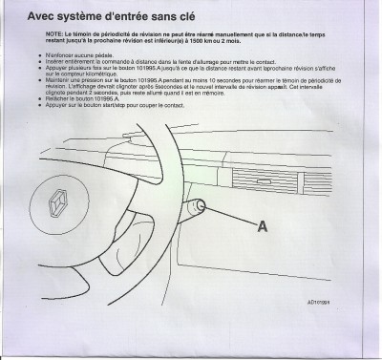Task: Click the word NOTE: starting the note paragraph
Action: [x=53, y=33]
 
